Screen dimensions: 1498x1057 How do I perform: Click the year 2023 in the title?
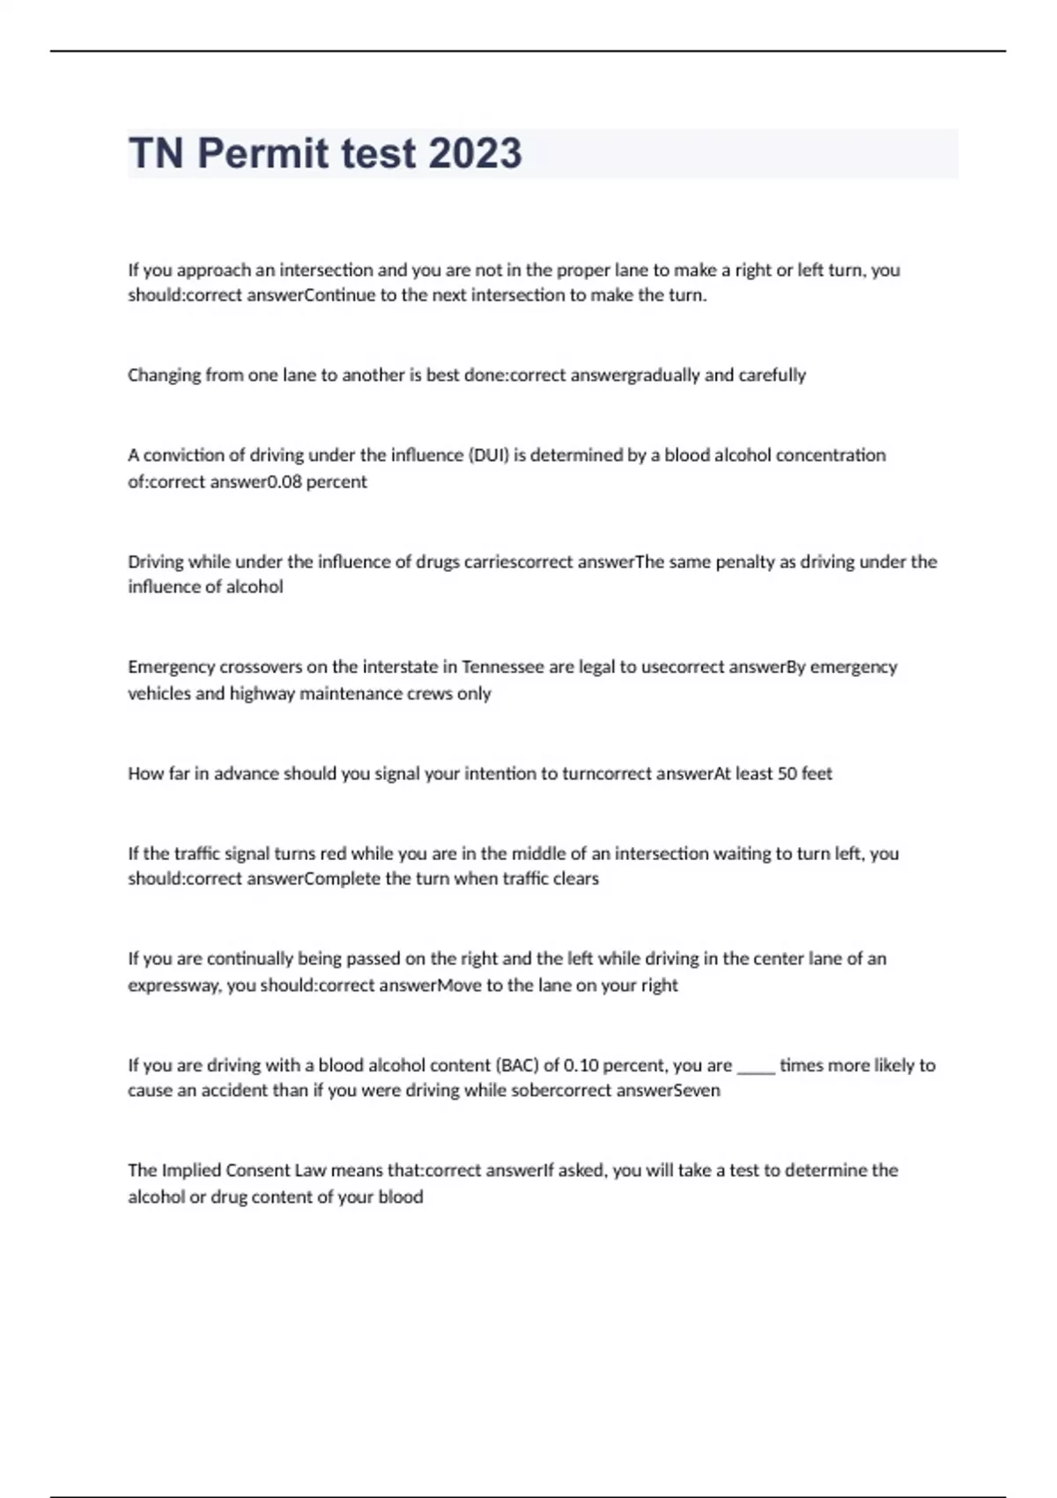475,153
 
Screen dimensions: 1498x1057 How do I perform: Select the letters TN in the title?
156,153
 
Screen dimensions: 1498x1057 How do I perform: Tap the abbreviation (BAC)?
517,1065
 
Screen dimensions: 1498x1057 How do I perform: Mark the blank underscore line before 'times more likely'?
756,1068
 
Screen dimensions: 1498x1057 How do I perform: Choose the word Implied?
191,1170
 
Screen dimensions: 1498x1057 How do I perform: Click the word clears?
576,879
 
